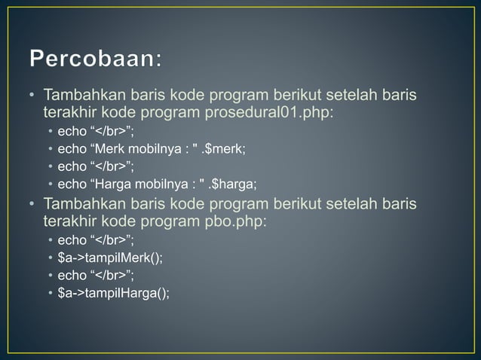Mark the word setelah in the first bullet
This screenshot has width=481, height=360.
coord(346,96)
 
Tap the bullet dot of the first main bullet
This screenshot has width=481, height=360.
coord(32,96)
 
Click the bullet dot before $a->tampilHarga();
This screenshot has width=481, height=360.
coord(51,294)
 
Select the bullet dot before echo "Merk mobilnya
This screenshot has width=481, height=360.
coord(51,149)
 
